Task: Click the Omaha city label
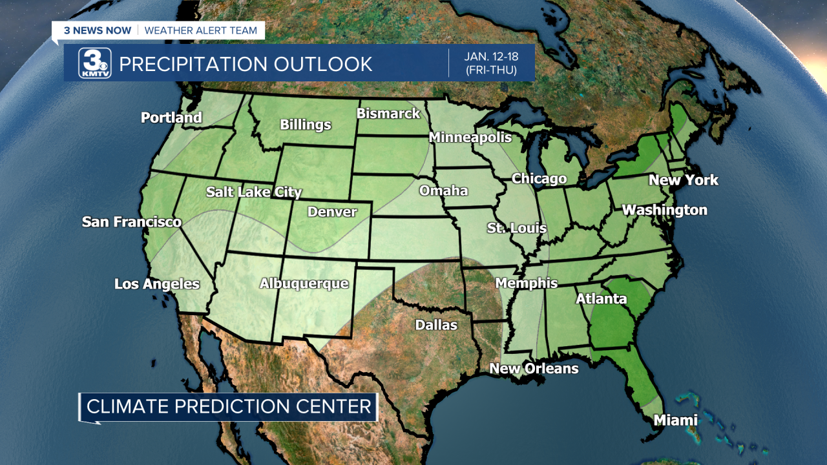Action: point(443,191)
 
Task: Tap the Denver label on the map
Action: point(332,212)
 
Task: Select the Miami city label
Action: point(676,420)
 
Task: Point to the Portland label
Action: point(171,118)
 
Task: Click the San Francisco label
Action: point(132,222)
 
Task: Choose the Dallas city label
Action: point(436,325)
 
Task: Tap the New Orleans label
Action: point(534,369)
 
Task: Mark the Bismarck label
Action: point(388,114)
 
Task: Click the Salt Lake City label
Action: point(254,192)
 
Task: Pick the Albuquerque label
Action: point(304,284)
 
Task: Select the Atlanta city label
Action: point(601,299)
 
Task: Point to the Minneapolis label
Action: point(470,138)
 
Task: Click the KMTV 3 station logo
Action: point(94,63)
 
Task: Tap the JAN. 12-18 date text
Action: point(490,56)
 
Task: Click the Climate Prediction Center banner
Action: point(229,406)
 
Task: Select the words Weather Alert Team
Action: point(200,30)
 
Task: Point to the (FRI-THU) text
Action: point(490,70)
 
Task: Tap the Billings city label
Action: point(305,125)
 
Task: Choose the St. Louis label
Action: point(516,228)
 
